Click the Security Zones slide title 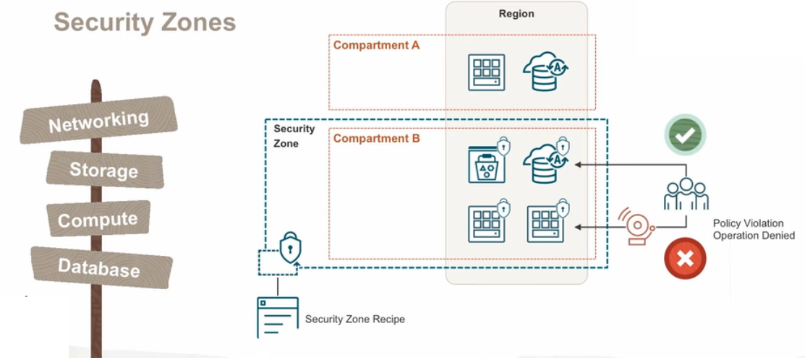pyautogui.click(x=145, y=22)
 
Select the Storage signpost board pyautogui.click(x=103, y=170)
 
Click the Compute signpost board pyautogui.click(x=98, y=219)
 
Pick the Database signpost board pyautogui.click(x=99, y=267)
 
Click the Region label pyautogui.click(x=516, y=14)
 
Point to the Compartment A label pyautogui.click(x=376, y=45)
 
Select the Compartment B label pyautogui.click(x=376, y=138)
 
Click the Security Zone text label pyautogui.click(x=294, y=136)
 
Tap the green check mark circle pyautogui.click(x=684, y=135)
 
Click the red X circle pyautogui.click(x=684, y=259)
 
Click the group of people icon pyautogui.click(x=686, y=193)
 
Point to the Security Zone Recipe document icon pyautogui.click(x=277, y=317)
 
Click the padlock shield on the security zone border pyautogui.click(x=289, y=249)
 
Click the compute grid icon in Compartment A pyautogui.click(x=486, y=72)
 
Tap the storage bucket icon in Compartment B pyautogui.click(x=487, y=163)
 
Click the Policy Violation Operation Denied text pyautogui.click(x=753, y=230)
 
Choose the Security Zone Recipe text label pyautogui.click(x=354, y=319)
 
